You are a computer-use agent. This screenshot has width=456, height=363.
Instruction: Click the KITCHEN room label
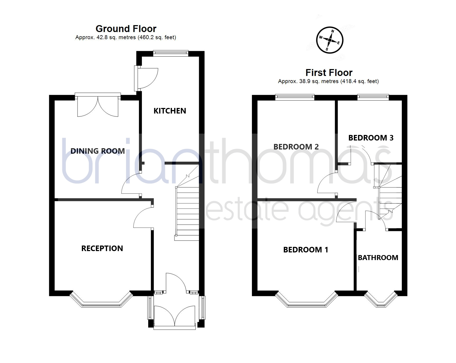[170, 111]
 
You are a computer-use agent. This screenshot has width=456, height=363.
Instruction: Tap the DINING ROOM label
[98, 151]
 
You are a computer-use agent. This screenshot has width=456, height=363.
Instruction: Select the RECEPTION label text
[102, 248]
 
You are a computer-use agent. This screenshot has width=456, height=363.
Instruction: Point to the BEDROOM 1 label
[306, 250]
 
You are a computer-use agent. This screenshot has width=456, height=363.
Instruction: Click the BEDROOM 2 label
[296, 147]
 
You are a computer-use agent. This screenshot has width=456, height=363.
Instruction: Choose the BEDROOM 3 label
[371, 138]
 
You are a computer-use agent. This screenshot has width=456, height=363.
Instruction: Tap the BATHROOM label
[378, 258]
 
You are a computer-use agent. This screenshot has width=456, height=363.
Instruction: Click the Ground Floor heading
[126, 29]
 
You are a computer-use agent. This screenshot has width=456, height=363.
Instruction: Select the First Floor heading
[329, 72]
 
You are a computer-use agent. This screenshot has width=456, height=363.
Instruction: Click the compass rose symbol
[330, 40]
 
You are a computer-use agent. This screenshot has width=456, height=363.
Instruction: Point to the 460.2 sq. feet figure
[157, 38]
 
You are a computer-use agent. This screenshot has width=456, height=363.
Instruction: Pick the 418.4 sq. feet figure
[359, 81]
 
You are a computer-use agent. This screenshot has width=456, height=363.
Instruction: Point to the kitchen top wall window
[171, 53]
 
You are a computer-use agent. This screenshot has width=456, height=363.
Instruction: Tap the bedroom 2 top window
[295, 97]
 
